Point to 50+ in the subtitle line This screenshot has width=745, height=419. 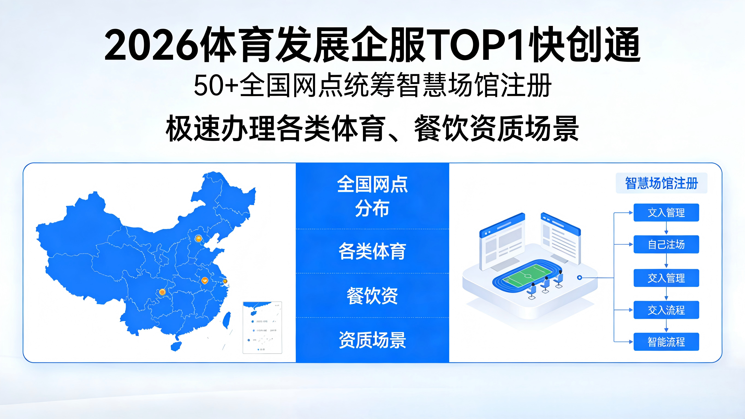click(216, 86)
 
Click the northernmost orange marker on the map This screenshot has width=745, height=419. click(198, 239)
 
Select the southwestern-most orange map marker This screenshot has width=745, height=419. click(162, 292)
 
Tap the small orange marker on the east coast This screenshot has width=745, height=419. click(225, 281)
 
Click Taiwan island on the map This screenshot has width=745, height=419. click(227, 320)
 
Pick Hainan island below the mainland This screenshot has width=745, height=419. click(176, 346)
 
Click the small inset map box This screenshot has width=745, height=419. click(262, 327)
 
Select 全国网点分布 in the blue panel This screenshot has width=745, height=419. click(372, 196)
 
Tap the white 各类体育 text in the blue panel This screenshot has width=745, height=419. click(372, 251)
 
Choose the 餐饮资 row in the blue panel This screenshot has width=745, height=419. click(372, 295)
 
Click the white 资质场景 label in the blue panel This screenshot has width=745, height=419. click(372, 340)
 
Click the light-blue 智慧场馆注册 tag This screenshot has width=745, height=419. click(661, 183)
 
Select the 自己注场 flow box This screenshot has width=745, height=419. click(666, 245)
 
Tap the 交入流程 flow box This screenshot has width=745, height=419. click(666, 310)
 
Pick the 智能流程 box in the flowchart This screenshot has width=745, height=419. click(666, 342)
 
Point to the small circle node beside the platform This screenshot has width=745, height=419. click(579, 278)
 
